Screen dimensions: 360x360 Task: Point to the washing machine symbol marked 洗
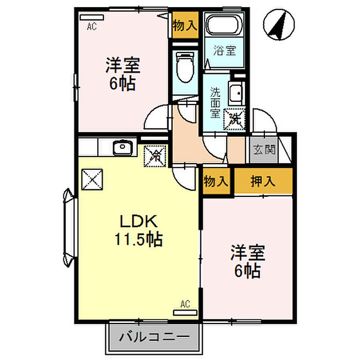pyautogui.click(x=235, y=120)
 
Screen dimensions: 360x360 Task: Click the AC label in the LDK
pyautogui.click(x=185, y=305)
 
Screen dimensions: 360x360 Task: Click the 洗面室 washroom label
pyautogui.click(x=214, y=102)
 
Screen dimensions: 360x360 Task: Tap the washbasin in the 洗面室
pyautogui.click(x=236, y=94)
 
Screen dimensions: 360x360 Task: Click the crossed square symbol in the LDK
pyautogui.click(x=93, y=179)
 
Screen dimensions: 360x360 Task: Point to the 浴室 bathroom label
pyautogui.click(x=224, y=51)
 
